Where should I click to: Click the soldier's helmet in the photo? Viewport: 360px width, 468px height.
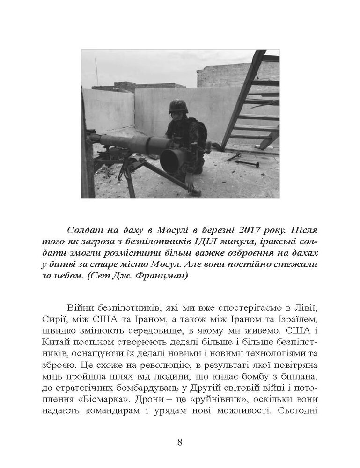177,106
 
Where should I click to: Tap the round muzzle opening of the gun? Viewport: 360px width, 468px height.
170,160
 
